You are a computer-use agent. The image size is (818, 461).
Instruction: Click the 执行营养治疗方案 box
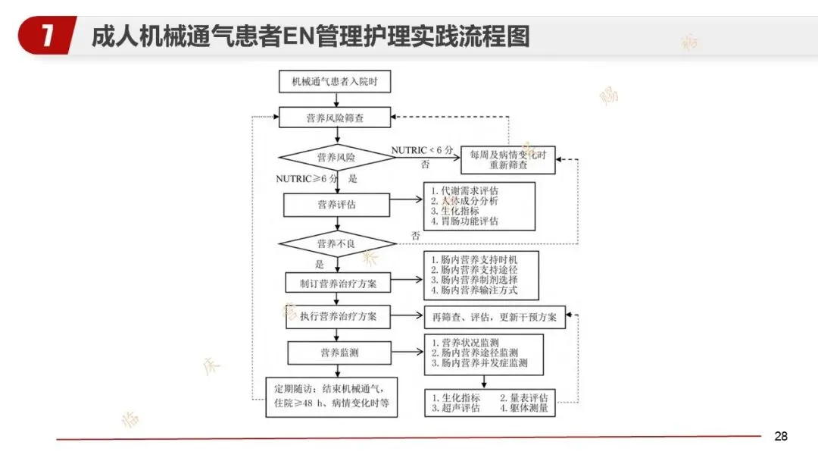[x=338, y=315]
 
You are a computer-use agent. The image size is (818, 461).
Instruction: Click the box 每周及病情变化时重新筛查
[x=508, y=158]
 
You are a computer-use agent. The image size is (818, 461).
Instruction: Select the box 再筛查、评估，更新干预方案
[x=494, y=317]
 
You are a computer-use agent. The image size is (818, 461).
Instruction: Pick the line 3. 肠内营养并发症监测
[x=479, y=363]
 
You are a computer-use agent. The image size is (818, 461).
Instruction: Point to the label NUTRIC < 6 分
[x=422, y=151]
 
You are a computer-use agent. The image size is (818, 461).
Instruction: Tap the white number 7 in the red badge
[x=47, y=36]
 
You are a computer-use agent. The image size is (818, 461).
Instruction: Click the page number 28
[x=781, y=436]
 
